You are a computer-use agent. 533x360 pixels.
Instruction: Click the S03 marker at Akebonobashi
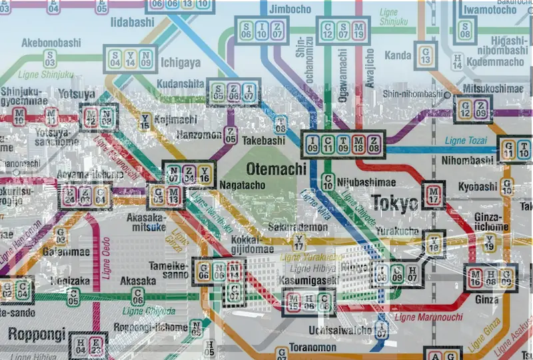pos(49,58)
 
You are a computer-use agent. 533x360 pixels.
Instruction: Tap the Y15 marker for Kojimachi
pos(145,121)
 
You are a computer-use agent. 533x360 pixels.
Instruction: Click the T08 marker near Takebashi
pos(280,124)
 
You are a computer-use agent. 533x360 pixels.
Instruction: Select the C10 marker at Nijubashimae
pos(328,181)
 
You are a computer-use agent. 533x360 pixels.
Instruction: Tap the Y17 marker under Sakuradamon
pos(299,243)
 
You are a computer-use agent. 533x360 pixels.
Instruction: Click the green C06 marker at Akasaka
pos(138,296)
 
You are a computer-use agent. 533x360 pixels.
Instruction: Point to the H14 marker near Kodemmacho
pos(457,61)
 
